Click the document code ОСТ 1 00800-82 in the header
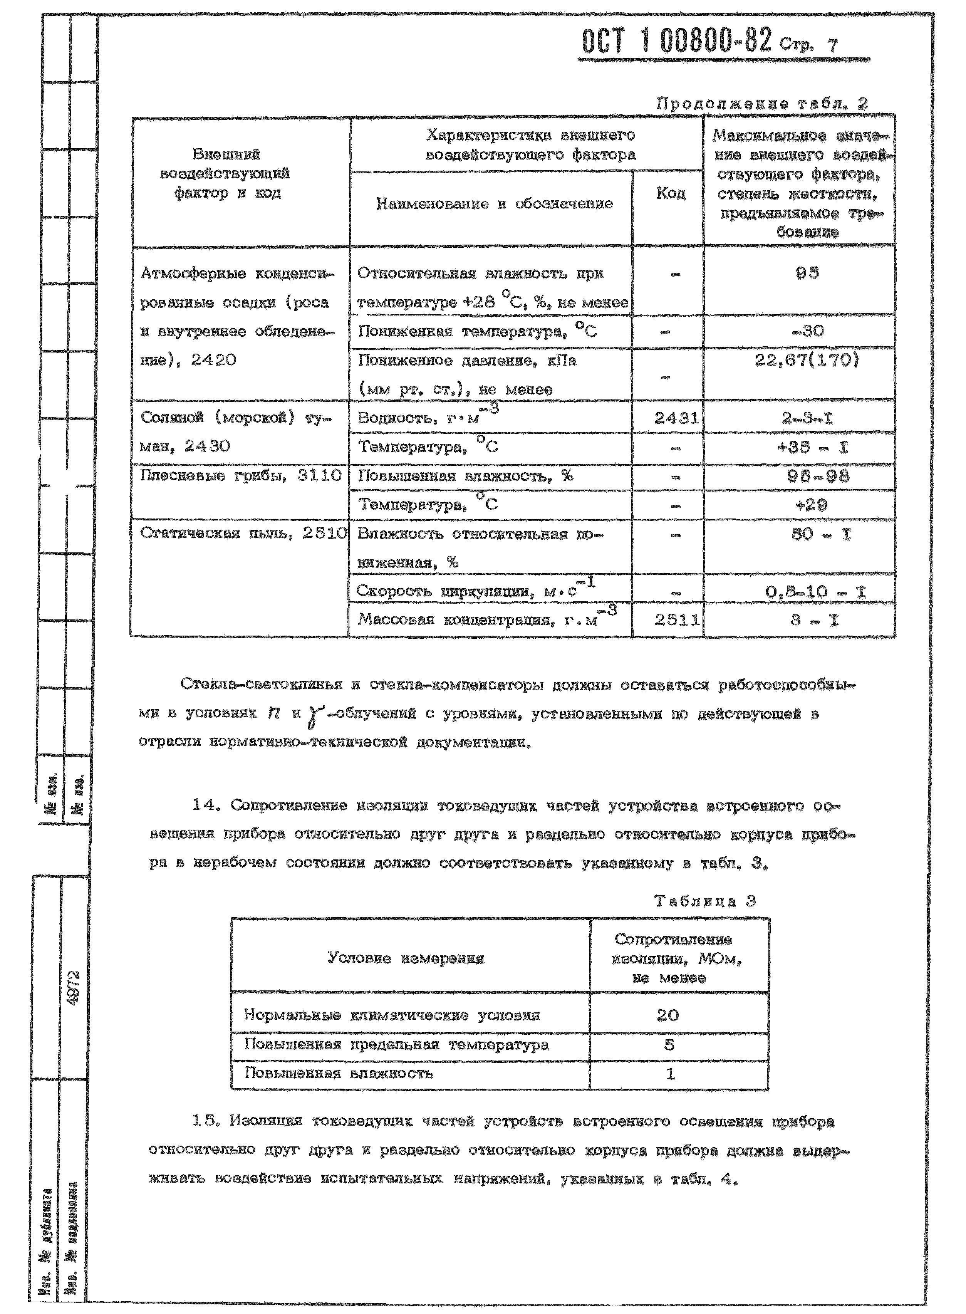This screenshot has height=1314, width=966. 677,42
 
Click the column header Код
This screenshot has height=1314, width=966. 670,193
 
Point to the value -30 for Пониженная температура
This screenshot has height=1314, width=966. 808,331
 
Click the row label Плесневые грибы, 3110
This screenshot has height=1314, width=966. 240,475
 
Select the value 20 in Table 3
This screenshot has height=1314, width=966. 668,1015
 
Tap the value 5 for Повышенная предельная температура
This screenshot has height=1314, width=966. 669,1044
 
